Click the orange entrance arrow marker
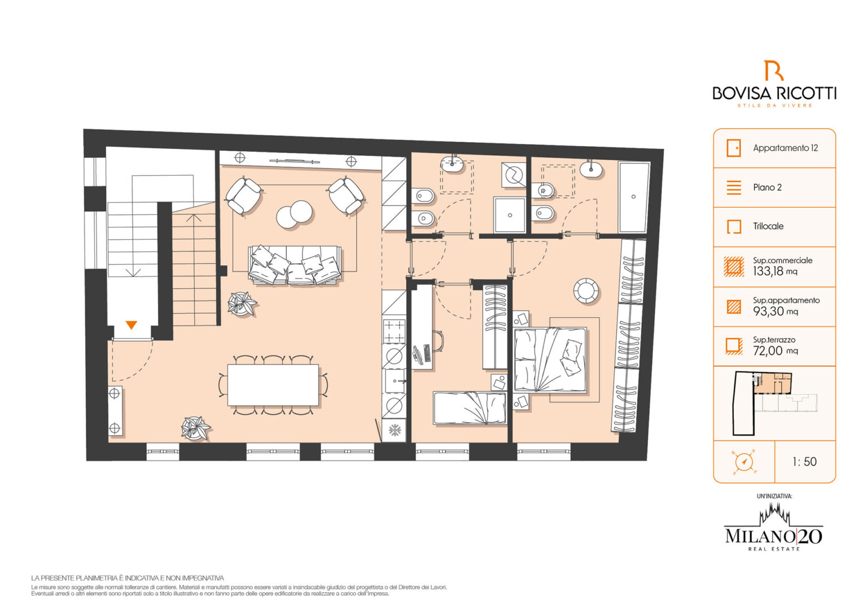[131, 325]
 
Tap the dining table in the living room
[273, 384]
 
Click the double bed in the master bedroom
[550, 360]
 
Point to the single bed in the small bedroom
[470, 408]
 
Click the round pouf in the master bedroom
[585, 290]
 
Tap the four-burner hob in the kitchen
[394, 331]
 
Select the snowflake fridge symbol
[395, 430]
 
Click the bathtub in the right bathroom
[633, 197]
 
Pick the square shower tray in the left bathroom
[510, 215]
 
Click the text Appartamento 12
[785, 148]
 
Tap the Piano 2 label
[767, 187]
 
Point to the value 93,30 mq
[775, 311]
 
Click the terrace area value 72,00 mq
[775, 351]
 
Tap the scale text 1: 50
[804, 462]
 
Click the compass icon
[743, 462]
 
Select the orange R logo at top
[773, 71]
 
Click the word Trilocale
[768, 226]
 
